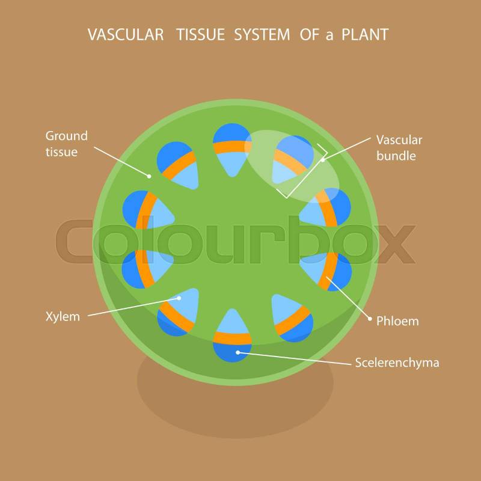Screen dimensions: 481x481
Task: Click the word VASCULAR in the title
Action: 125,35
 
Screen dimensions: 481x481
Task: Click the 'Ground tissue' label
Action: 66,144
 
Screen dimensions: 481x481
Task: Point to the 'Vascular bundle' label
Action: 399,148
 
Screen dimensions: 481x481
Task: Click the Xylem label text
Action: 63,316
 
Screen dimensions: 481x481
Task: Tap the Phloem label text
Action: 397,321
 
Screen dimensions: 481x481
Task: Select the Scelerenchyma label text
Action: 397,363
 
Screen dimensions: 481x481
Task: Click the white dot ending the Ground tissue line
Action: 149,176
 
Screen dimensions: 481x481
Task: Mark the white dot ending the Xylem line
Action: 179,298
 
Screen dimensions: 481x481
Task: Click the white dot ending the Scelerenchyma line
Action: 238,352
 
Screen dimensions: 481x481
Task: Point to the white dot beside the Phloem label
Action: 370,319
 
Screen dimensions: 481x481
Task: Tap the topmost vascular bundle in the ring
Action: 231,149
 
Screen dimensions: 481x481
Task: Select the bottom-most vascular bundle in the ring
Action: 231,335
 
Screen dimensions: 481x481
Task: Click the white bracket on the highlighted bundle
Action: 307,171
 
